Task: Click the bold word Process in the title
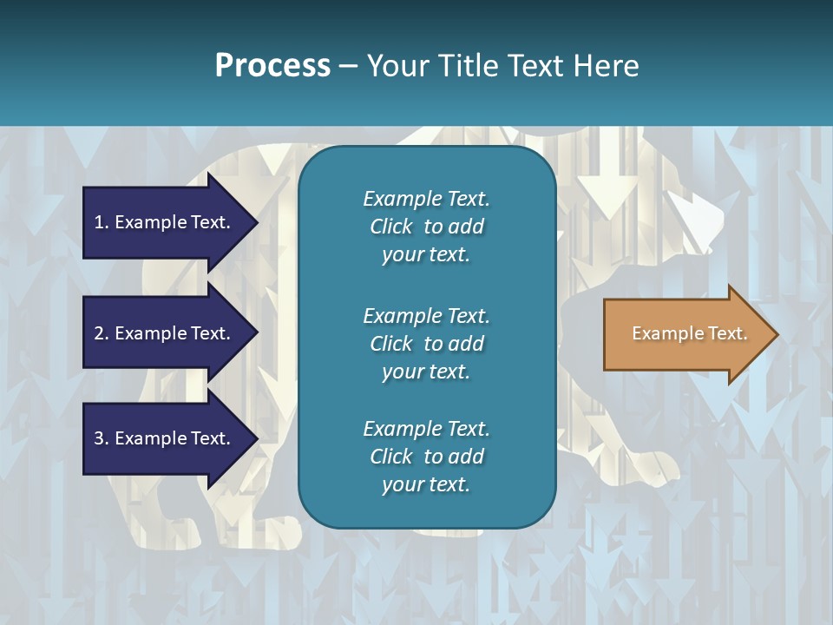(x=272, y=65)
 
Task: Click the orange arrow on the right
(x=685, y=333)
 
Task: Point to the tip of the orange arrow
(x=776, y=334)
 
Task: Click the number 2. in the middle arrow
(x=102, y=333)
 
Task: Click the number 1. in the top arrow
(x=102, y=222)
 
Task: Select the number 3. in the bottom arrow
(x=102, y=438)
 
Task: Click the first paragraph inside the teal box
(x=426, y=227)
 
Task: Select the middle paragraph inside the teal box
(x=426, y=344)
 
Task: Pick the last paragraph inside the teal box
(x=426, y=457)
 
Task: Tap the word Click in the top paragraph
(x=390, y=227)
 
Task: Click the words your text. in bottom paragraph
(x=426, y=484)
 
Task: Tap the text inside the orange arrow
(x=689, y=333)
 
